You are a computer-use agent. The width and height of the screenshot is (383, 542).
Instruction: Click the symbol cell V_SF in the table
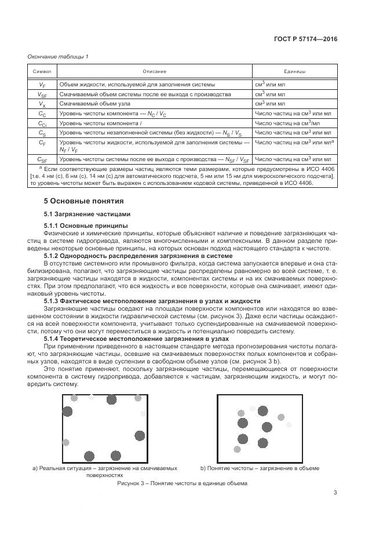pyautogui.click(x=42, y=94)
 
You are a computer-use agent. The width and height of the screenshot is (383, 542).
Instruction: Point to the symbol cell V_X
pyautogui.click(x=42, y=104)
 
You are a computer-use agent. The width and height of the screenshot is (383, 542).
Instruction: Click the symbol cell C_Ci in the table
pyautogui.click(x=42, y=123)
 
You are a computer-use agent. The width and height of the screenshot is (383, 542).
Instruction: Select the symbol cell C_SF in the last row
pyautogui.click(x=42, y=159)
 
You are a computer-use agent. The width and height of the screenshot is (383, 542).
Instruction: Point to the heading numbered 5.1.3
pyautogui.click(x=152, y=301)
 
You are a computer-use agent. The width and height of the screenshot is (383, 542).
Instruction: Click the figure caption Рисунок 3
pyautogui.click(x=182, y=483)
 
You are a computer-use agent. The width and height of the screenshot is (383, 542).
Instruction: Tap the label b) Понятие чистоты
pyautogui.click(x=260, y=468)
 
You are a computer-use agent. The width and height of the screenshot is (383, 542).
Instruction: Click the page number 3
pyautogui.click(x=335, y=493)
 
